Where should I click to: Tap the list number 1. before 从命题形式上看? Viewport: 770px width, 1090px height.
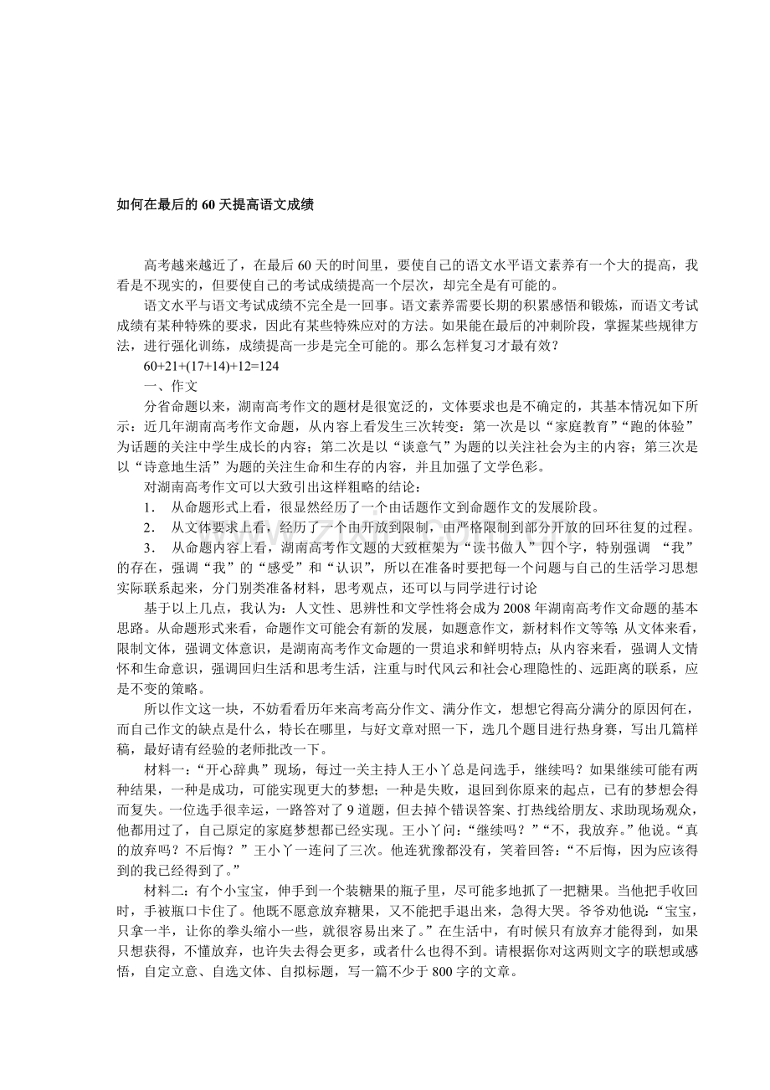coord(149,507)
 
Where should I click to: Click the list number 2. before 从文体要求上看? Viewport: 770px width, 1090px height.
coord(149,527)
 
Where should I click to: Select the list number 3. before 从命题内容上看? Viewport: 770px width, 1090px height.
coord(149,548)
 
